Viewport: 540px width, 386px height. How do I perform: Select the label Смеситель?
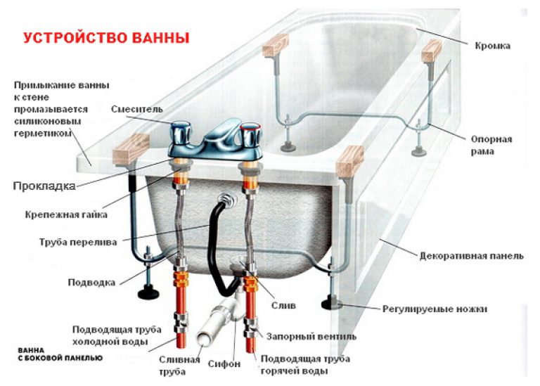pos(136,109)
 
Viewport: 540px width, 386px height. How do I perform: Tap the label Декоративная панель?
pos(471,256)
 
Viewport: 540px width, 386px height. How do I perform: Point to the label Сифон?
pos(224,364)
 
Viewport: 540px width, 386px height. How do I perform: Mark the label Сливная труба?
pos(172,365)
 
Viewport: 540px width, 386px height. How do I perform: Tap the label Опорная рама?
pos(491,145)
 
